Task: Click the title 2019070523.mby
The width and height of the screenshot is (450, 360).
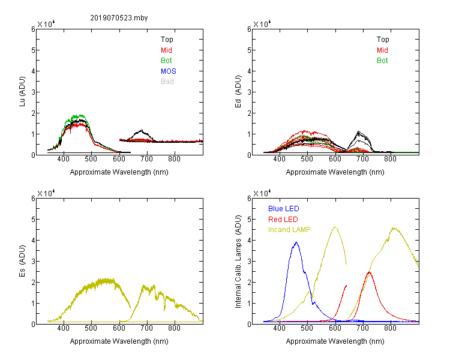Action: coord(119,18)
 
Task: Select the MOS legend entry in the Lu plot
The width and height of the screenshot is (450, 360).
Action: coord(169,71)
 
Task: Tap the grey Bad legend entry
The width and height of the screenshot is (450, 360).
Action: coord(167,82)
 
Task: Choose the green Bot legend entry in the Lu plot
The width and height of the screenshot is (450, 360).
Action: coord(166,61)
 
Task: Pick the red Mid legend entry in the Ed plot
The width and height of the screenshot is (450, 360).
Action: coord(382,50)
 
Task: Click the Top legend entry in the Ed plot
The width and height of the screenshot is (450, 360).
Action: coord(383,40)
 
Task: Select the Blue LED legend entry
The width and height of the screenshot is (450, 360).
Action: coord(284,209)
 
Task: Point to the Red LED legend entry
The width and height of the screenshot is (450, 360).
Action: coord(283,220)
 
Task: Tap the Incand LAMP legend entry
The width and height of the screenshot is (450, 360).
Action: coord(289,230)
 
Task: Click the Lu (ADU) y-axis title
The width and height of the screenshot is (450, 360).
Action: coord(22,92)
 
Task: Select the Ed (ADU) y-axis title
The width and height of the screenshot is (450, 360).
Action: coord(238,92)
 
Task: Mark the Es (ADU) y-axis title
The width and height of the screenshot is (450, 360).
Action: coord(22,261)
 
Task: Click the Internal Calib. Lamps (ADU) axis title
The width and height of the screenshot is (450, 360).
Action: coord(238,262)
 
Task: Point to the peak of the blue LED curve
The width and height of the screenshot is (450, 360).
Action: coord(296,242)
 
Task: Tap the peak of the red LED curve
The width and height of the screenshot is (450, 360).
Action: coord(369,272)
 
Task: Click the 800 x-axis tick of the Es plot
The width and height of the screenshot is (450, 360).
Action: coord(174,328)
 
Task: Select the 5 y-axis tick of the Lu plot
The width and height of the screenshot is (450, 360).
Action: coord(33,50)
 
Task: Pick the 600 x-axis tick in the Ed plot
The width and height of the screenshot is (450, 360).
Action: coord(335,159)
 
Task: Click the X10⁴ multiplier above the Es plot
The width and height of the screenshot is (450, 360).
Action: coord(46,193)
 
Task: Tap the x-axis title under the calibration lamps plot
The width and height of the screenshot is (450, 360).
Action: coord(335,341)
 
